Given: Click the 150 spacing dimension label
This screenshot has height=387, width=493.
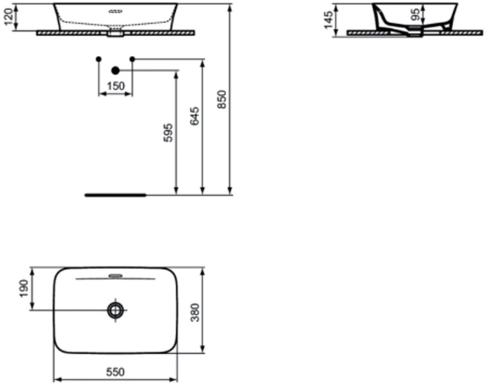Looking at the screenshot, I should (x=115, y=86).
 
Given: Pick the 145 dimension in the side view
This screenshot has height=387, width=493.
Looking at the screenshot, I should (x=328, y=19).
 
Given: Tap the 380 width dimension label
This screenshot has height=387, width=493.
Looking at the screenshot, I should (x=213, y=311).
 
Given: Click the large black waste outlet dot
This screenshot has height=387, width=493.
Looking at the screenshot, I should (x=115, y=71).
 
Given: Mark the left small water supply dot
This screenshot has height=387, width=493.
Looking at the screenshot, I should (x=98, y=59).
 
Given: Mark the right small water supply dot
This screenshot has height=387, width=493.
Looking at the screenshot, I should (x=133, y=59).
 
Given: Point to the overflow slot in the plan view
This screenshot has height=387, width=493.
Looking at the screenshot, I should (x=115, y=277).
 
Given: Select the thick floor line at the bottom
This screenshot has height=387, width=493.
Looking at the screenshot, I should (x=116, y=193).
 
